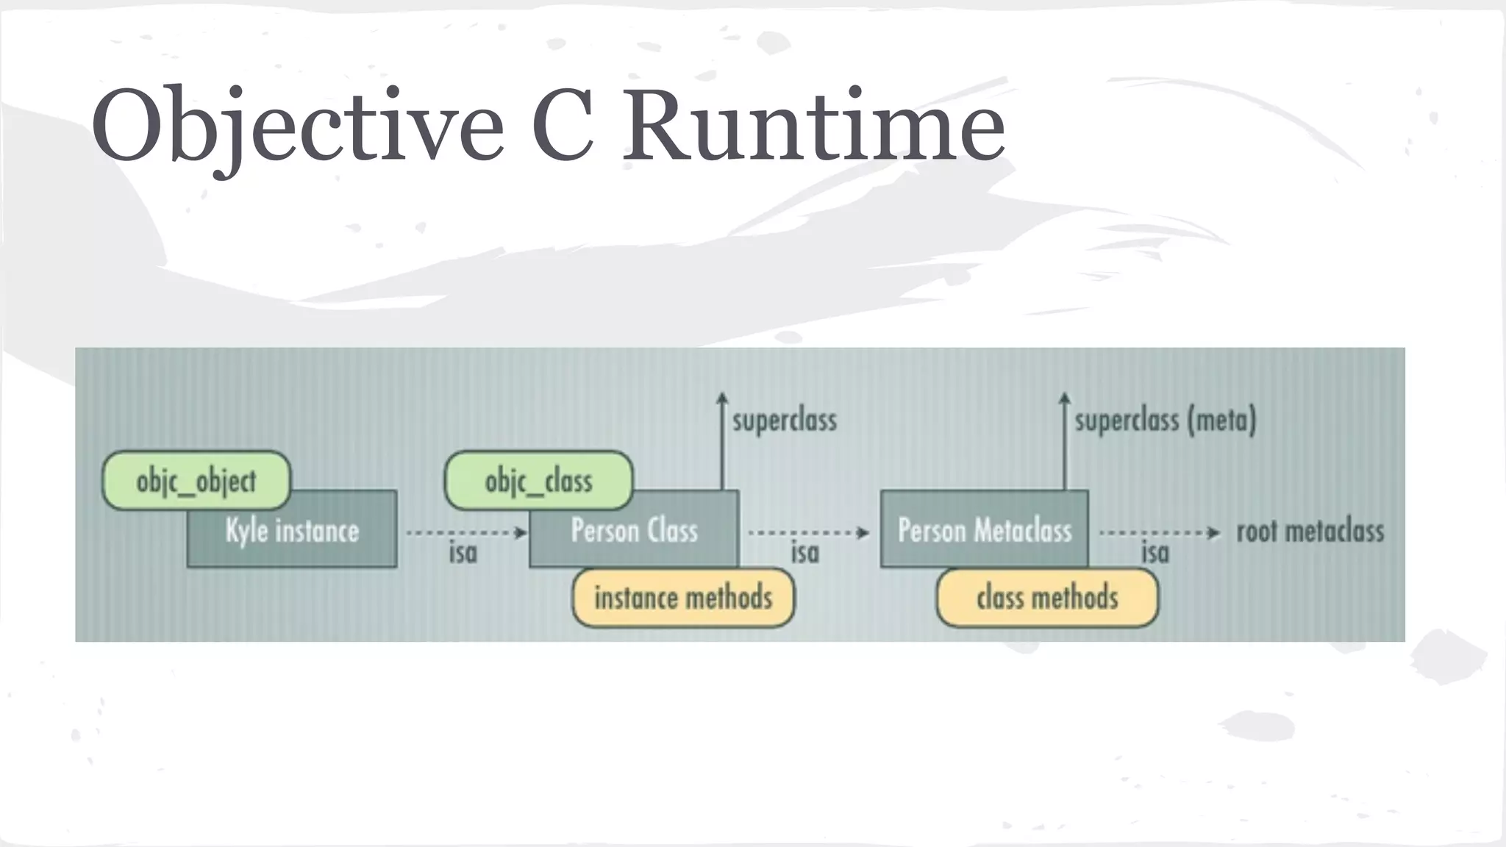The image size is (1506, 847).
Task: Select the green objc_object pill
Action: [196, 481]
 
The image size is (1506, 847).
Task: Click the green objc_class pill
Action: [538, 481]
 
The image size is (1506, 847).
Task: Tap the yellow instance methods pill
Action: [683, 598]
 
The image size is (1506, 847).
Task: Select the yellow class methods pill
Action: [1047, 598]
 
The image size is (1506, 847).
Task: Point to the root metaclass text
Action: [1310, 532]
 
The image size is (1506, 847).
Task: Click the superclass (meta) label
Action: [1166, 421]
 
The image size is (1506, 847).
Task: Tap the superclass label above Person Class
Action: [785, 421]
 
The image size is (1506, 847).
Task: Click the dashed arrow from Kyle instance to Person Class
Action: [466, 532]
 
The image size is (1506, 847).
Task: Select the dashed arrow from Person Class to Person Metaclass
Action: [808, 532]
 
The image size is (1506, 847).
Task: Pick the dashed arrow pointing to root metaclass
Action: [1159, 532]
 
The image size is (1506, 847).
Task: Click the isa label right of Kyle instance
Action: [463, 553]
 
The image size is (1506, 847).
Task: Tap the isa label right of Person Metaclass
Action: [1155, 553]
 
